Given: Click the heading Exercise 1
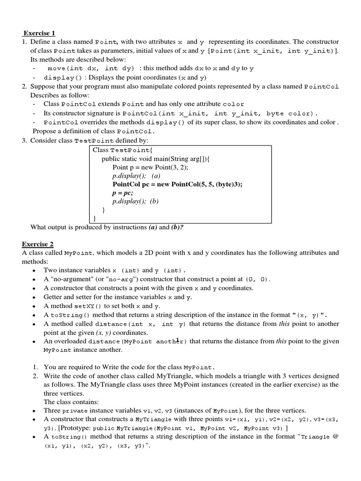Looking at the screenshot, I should pyautogui.click(x=39, y=33).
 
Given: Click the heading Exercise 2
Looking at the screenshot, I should pyautogui.click(x=38, y=244).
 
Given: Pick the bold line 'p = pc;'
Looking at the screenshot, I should pyautogui.click(x=123, y=193).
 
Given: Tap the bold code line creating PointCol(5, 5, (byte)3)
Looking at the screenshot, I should pyautogui.click(x=177, y=184).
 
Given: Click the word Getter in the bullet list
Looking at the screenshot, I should pyautogui.click(x=54, y=297).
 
